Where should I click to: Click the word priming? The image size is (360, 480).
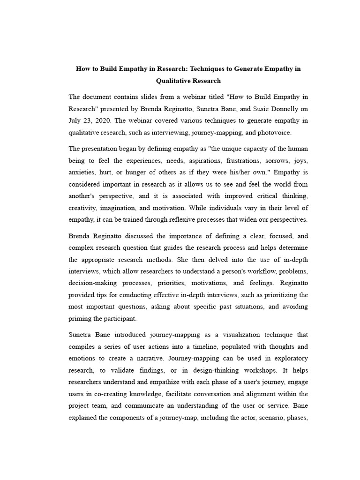[80, 318]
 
